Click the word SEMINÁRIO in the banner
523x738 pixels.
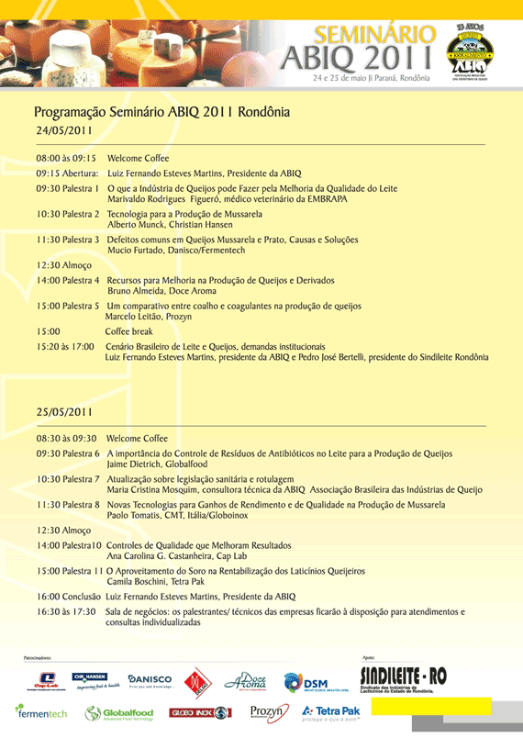374,34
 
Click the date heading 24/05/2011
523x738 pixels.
64,130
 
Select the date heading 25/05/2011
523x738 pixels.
64,412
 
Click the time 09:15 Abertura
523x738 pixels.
67,173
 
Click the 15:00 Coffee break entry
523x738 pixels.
128,331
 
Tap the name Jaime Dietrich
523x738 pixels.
138,464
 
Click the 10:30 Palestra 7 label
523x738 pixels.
68,479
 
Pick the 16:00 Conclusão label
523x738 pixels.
69,596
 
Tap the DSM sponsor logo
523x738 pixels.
306,681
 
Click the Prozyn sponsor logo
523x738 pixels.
269,711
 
